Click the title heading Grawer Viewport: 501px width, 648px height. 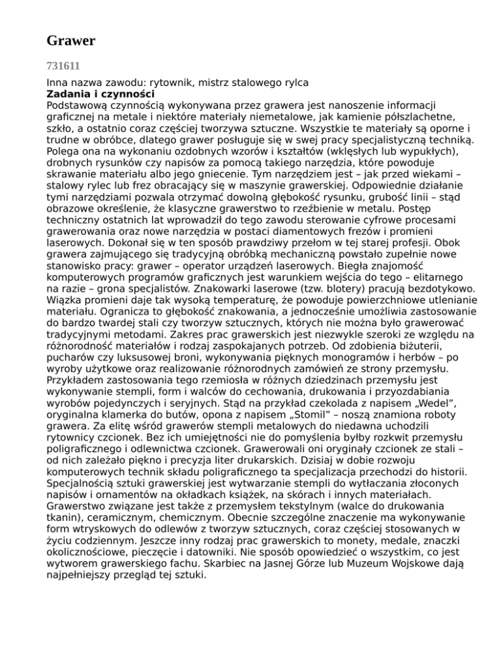click(71, 42)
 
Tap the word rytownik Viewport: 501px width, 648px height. click(173, 83)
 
